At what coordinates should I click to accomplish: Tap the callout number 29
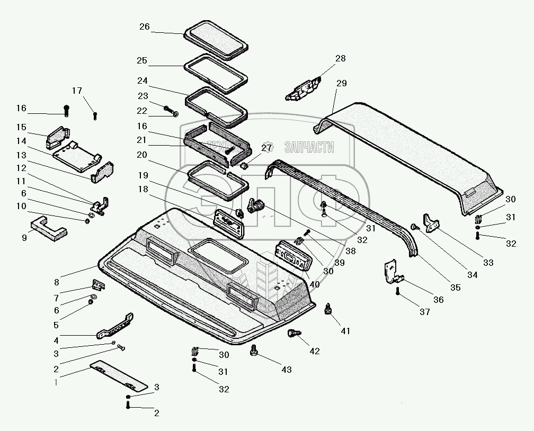(x=341, y=84)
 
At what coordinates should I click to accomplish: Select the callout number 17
(x=78, y=91)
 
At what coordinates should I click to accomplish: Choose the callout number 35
(x=456, y=288)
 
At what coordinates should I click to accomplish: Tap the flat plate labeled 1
(x=120, y=374)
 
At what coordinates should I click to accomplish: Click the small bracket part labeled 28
(x=304, y=88)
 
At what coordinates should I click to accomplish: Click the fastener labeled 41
(x=328, y=309)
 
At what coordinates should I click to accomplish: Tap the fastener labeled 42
(x=293, y=334)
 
